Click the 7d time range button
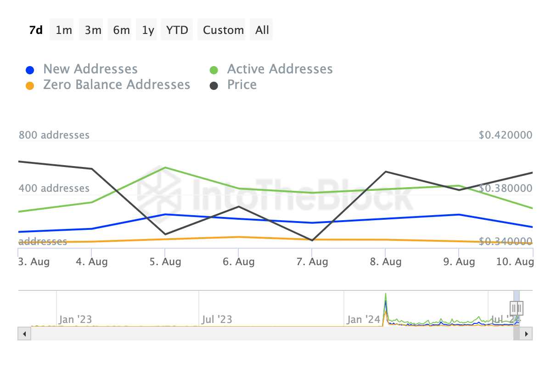tap(36, 30)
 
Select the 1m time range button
tap(64, 30)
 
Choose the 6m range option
tap(121, 30)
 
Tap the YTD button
tap(177, 30)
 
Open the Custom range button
tap(223, 30)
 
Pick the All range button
tap(262, 30)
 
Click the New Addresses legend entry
tap(90, 69)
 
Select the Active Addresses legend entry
tap(280, 69)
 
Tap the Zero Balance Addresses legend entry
tap(116, 85)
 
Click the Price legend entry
tap(242, 85)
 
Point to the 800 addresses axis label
tap(54, 135)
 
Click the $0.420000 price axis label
tap(505, 135)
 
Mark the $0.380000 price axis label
tap(505, 189)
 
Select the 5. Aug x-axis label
tap(165, 262)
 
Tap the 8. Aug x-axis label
tap(386, 262)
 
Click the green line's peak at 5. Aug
tap(165, 167)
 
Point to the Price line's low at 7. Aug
tap(312, 240)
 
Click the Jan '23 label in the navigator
tap(75, 319)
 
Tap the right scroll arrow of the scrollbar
tap(527, 334)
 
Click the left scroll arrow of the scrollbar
tap(24, 334)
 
